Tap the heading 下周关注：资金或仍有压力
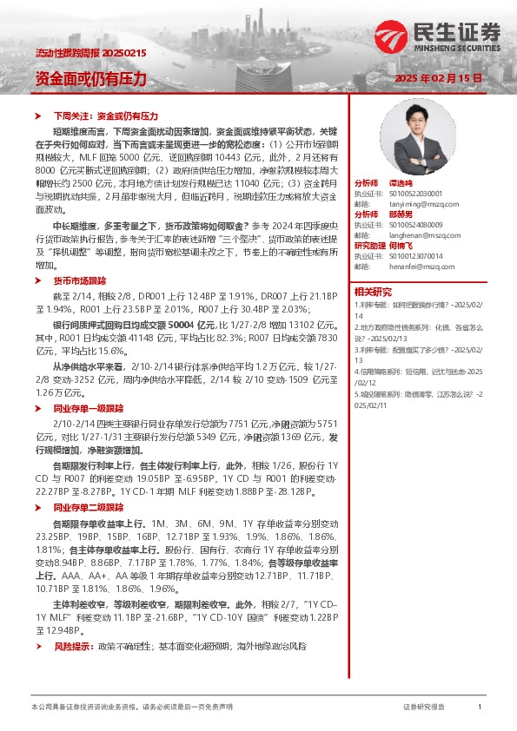[x=105, y=115]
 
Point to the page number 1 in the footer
[x=480, y=708]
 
